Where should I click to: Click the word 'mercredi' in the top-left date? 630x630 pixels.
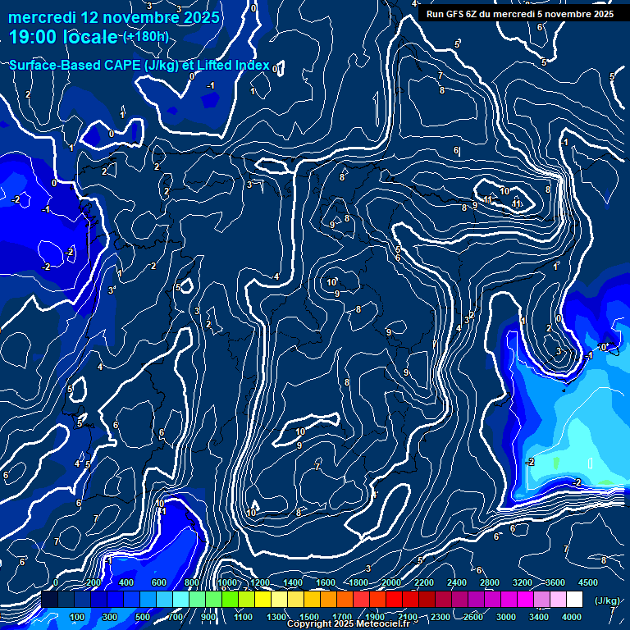coord(42,17)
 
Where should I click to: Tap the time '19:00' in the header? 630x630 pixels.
coord(34,38)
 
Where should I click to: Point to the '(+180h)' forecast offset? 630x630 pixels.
coord(146,37)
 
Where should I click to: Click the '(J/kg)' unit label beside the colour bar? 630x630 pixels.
coord(606,601)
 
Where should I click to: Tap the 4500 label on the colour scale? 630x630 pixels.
coord(587,582)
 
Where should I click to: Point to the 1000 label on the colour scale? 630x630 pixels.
coord(227,582)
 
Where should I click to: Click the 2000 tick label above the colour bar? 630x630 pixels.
coord(391,582)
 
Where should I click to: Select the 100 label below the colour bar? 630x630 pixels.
coord(78,617)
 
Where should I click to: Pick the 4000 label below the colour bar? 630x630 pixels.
coord(572,617)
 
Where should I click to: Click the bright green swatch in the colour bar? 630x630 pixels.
coord(213,600)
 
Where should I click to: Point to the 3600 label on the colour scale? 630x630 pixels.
coord(555,582)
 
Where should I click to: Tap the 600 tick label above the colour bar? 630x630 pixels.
coord(159,582)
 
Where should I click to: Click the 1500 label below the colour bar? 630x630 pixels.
coord(309,617)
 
